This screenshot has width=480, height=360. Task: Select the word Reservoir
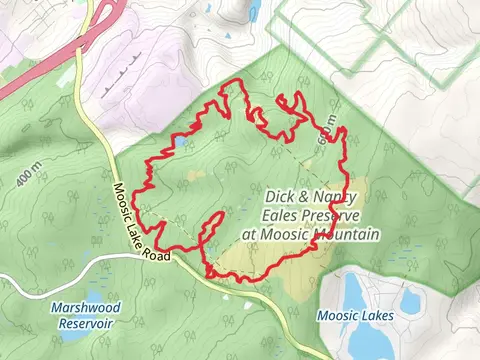[84, 323]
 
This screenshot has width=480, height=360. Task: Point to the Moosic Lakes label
[355, 316]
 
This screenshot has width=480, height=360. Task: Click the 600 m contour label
[327, 134]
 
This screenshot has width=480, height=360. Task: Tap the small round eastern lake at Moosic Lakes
[409, 298]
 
